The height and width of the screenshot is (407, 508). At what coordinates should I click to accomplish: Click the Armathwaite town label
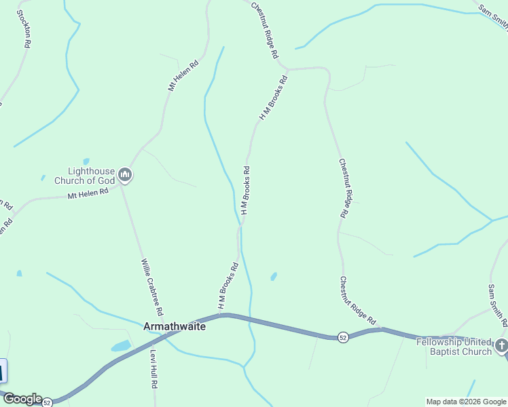coord(174,326)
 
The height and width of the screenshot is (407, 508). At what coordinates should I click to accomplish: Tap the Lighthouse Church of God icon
coord(124,176)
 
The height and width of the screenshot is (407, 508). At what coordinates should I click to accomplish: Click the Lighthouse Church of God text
coord(91,176)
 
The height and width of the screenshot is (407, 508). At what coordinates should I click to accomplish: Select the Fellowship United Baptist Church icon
coord(501,346)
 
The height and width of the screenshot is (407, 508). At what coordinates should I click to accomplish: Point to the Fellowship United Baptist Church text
coord(454,347)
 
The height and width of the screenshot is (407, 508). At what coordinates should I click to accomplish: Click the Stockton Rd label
coord(23,28)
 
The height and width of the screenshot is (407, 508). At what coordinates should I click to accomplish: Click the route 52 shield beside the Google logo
coord(47,402)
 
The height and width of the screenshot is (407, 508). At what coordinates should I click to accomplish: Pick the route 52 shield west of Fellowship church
coord(343,337)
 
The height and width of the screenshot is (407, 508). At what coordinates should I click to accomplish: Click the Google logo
coord(22,399)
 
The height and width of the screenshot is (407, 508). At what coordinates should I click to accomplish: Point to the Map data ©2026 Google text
coord(466,402)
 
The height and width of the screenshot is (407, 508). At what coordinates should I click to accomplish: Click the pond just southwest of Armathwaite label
coord(121,346)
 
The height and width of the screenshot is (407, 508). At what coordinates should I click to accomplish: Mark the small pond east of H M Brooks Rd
coord(274,276)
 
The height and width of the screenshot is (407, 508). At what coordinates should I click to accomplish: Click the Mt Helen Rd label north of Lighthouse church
coord(183,76)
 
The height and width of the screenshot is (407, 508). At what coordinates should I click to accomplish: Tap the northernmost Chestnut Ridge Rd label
coord(266,29)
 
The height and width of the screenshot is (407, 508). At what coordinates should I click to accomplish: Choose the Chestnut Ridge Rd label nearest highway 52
coord(358,301)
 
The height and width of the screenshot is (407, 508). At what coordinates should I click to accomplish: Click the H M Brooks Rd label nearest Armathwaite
coord(228,286)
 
